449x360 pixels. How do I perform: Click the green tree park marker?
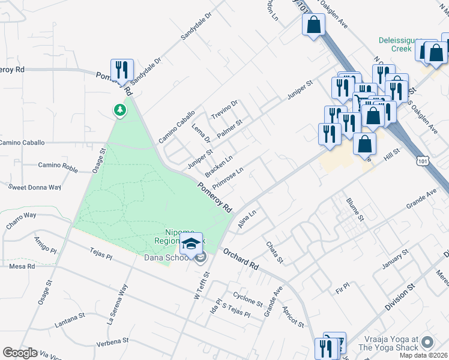[x=121, y=110]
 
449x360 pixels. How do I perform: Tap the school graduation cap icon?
[x=191, y=244]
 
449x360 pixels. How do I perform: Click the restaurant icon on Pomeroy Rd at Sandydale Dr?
[x=122, y=69]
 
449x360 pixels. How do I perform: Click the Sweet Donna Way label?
[x=34, y=187]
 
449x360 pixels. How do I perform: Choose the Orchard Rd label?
[x=241, y=257]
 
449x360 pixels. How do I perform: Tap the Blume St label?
[x=355, y=209]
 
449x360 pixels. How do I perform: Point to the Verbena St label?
[x=113, y=344]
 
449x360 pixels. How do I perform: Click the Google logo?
[x=20, y=353]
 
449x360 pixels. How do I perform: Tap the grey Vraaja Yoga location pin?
[x=427, y=343]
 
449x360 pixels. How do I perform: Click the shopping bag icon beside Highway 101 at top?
[x=313, y=25]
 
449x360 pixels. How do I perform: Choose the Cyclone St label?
[x=248, y=299]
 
